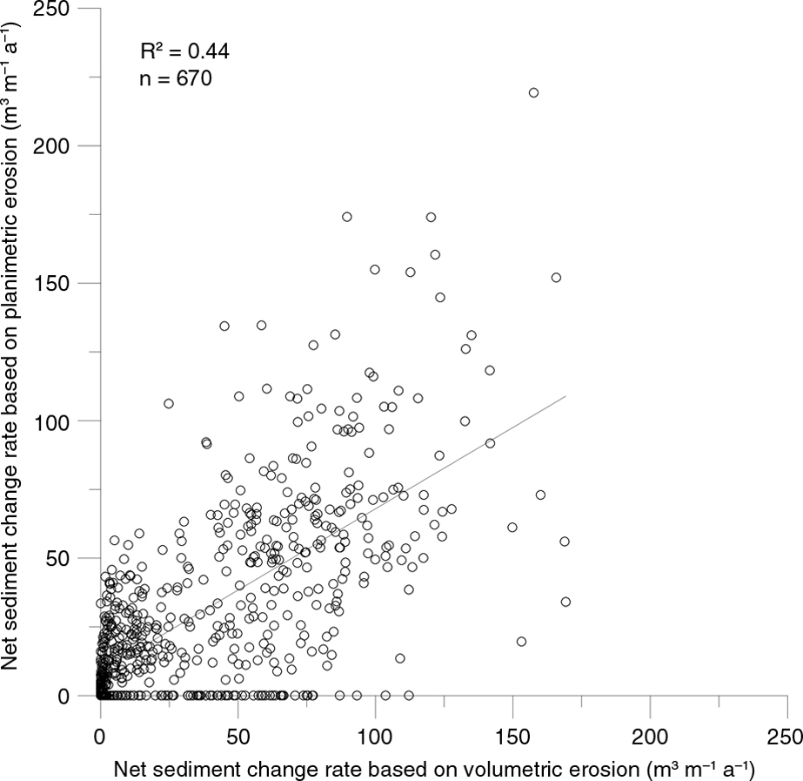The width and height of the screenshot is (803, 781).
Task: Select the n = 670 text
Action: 176,79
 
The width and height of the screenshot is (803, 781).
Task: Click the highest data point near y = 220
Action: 533,92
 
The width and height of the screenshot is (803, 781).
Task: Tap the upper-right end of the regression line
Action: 565,396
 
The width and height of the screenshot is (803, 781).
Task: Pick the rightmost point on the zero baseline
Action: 408,695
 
